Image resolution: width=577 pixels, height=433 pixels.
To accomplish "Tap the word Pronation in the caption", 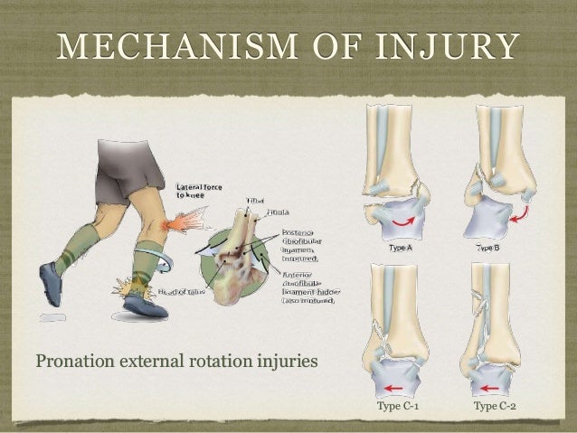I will [71, 363].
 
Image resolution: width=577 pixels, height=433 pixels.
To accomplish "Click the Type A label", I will [402, 247].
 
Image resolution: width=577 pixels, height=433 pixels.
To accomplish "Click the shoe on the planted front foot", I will [145, 306].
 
